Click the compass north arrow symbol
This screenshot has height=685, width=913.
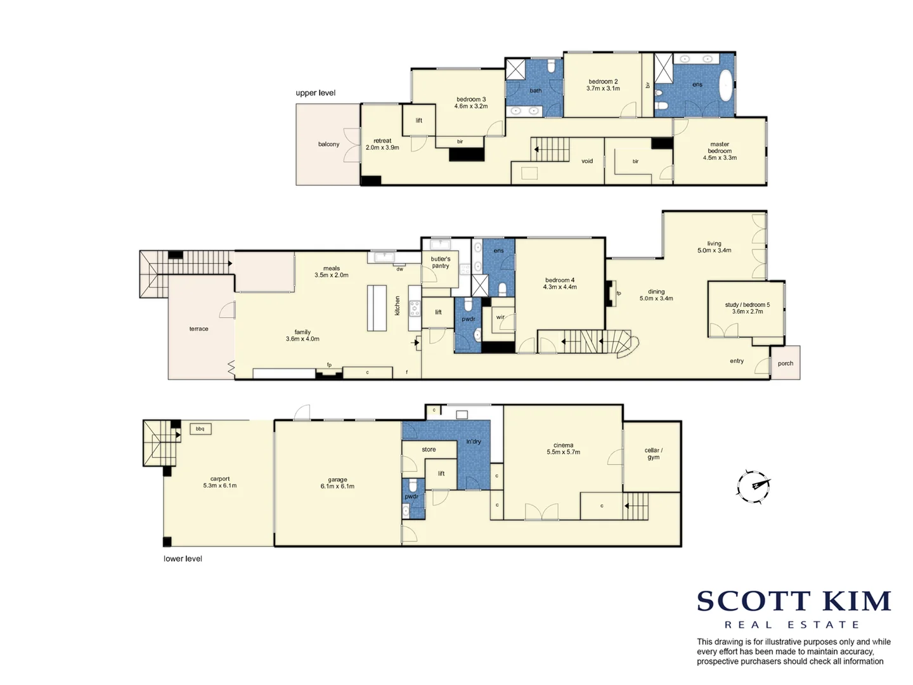pyautogui.click(x=753, y=486)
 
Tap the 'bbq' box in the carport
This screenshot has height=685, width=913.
pyautogui.click(x=200, y=429)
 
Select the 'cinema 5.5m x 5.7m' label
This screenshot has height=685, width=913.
pyautogui.click(x=563, y=449)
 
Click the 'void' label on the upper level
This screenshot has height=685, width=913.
pyautogui.click(x=587, y=161)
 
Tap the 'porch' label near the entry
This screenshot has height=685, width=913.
pyautogui.click(x=786, y=363)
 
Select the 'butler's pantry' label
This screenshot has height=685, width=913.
pyautogui.click(x=441, y=263)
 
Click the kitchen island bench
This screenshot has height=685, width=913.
pyautogui.click(x=377, y=308)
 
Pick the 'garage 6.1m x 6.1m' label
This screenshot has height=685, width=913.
pyautogui.click(x=337, y=483)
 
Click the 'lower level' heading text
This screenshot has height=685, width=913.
pyautogui.click(x=183, y=559)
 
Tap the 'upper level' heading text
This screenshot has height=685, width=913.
pyautogui.click(x=315, y=93)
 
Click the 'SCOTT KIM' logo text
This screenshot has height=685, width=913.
pyautogui.click(x=794, y=601)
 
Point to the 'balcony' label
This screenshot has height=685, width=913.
pyautogui.click(x=328, y=145)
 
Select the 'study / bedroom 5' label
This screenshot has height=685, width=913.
pyautogui.click(x=748, y=308)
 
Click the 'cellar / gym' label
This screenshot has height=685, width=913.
pyautogui.click(x=653, y=453)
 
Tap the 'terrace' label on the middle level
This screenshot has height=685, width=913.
pyautogui.click(x=198, y=329)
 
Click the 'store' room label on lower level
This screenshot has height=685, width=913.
pyautogui.click(x=429, y=450)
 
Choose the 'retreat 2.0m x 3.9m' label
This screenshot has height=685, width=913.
pyautogui.click(x=382, y=144)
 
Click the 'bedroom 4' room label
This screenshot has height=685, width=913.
pyautogui.click(x=560, y=284)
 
